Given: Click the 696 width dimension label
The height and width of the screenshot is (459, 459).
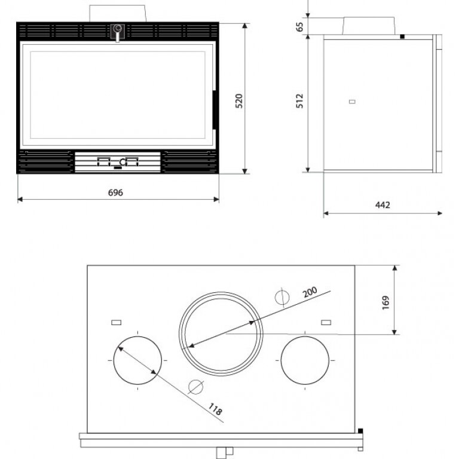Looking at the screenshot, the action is [115, 192].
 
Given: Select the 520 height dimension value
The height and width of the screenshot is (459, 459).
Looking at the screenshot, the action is [239, 101].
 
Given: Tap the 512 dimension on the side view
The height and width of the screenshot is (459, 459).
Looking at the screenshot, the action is [300, 101].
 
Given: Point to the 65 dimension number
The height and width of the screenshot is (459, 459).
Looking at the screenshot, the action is [300, 27].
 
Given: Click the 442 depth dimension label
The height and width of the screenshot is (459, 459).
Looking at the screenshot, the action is [382, 205].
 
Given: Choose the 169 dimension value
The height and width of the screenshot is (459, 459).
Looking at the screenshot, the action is [386, 302].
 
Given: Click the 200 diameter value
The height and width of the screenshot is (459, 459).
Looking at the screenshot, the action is [310, 292].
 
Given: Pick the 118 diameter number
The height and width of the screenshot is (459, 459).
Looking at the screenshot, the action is [215, 409].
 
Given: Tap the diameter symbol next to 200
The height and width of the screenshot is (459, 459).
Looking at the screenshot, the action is [282, 298].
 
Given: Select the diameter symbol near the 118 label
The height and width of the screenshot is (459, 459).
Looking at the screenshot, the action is [195, 387].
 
